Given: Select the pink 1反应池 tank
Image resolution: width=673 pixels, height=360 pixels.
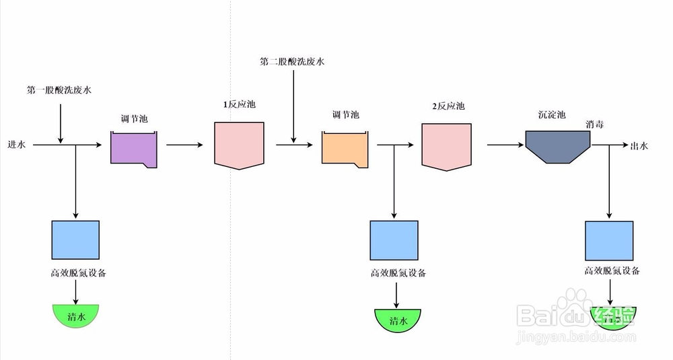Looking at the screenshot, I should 240,144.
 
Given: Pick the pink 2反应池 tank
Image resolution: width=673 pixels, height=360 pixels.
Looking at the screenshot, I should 446,144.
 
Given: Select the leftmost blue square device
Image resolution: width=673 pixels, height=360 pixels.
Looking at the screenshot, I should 75,240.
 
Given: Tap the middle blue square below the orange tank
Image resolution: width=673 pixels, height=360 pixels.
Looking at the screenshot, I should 394,240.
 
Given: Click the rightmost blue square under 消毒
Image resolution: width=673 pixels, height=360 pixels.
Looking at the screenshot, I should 609,240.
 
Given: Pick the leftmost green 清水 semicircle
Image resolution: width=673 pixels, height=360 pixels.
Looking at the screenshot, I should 76,314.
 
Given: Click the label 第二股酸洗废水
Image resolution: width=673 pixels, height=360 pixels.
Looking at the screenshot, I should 292,61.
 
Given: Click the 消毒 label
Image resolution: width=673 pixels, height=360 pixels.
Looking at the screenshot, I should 594,124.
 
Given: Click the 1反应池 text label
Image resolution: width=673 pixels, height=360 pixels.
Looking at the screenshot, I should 240,105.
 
